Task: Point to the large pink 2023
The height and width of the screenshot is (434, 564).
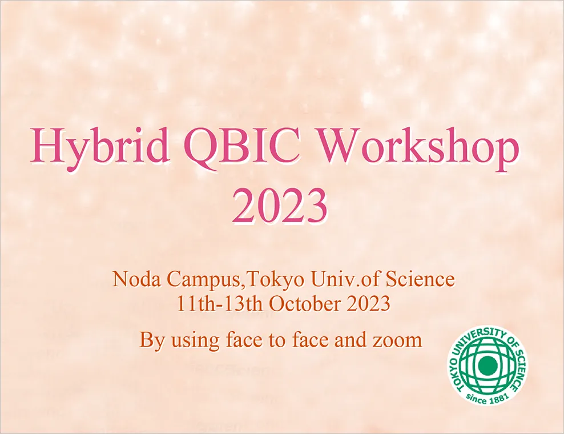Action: coord(280,207)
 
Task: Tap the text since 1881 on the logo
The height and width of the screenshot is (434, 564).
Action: coord(488,397)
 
